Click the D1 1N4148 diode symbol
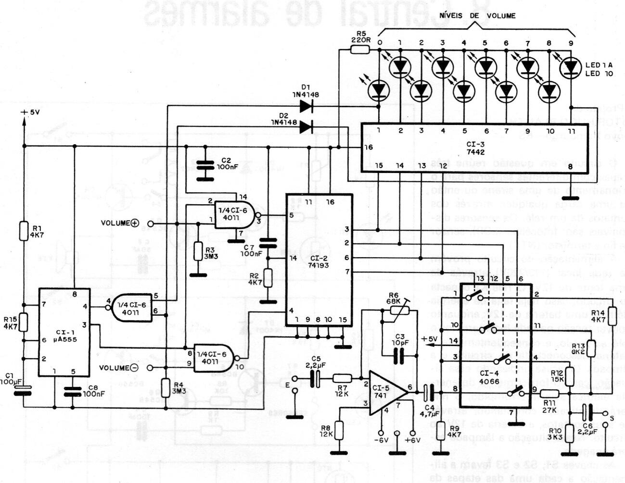click(x=306, y=106)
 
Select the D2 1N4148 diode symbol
click(x=306, y=127)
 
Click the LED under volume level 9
click(x=571, y=68)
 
